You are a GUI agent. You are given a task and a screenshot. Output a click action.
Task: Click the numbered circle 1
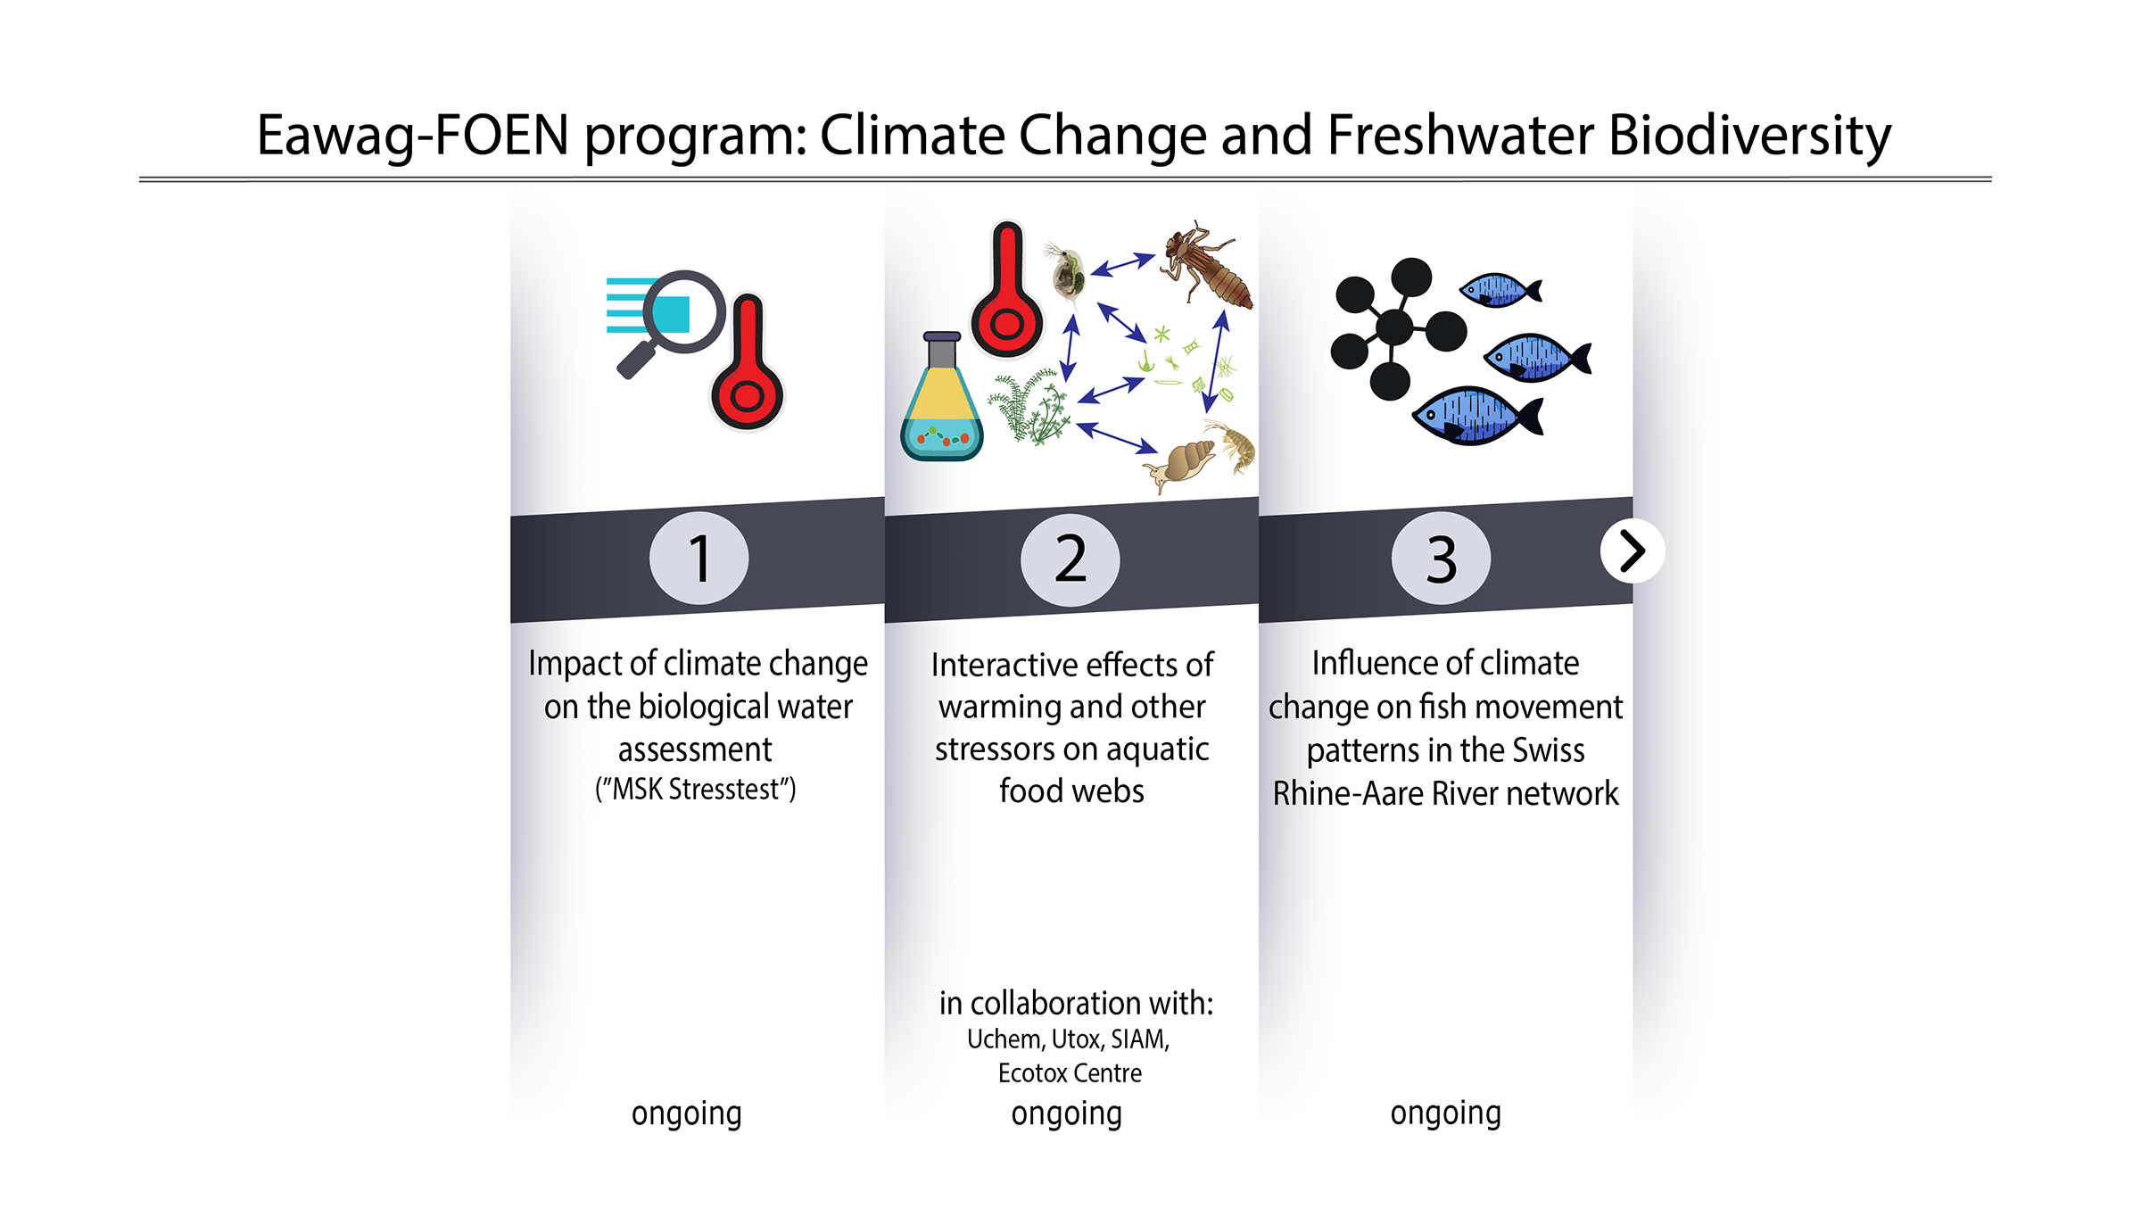(699, 559)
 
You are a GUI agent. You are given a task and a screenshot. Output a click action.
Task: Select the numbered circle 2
(1070, 559)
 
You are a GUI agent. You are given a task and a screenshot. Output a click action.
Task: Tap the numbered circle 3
(1441, 559)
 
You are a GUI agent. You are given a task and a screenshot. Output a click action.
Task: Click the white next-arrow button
(1632, 551)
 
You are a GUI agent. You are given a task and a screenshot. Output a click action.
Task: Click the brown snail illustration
(1182, 465)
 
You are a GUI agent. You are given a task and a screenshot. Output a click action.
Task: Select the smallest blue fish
(1500, 290)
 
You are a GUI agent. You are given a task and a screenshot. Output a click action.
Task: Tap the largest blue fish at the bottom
(1476, 416)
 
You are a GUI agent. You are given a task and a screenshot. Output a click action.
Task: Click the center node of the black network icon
(1394, 327)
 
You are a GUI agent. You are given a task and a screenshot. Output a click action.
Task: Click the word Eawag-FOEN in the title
(413, 136)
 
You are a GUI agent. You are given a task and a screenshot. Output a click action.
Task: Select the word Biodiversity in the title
(1749, 136)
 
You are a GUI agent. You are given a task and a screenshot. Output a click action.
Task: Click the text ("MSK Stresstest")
(696, 789)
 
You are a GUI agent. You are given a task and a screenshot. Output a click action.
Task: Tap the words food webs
(1071, 791)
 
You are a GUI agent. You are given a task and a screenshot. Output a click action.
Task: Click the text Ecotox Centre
(1070, 1072)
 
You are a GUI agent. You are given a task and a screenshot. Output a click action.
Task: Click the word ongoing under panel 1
(686, 1114)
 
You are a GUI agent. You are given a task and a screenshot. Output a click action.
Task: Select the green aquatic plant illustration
(1030, 407)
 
